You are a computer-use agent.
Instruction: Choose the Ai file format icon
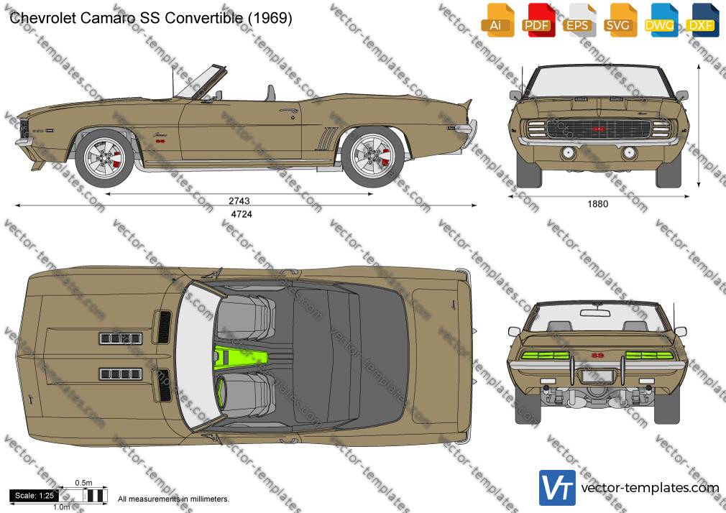click(x=497, y=20)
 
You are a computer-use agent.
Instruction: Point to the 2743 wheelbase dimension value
click(x=239, y=201)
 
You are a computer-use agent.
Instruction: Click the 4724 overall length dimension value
click(x=242, y=214)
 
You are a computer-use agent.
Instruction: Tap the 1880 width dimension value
click(x=598, y=204)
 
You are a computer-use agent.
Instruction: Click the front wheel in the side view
click(x=105, y=158)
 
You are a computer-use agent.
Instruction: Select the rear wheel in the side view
click(x=372, y=157)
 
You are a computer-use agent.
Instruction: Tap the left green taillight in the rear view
click(x=546, y=356)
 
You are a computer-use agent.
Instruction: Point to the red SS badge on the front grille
click(x=598, y=129)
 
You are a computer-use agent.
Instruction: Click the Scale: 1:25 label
click(x=35, y=496)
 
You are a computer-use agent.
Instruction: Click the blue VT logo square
click(x=558, y=488)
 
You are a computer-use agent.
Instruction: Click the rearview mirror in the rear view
click(x=598, y=313)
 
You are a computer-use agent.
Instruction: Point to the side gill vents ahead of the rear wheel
click(x=326, y=139)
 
